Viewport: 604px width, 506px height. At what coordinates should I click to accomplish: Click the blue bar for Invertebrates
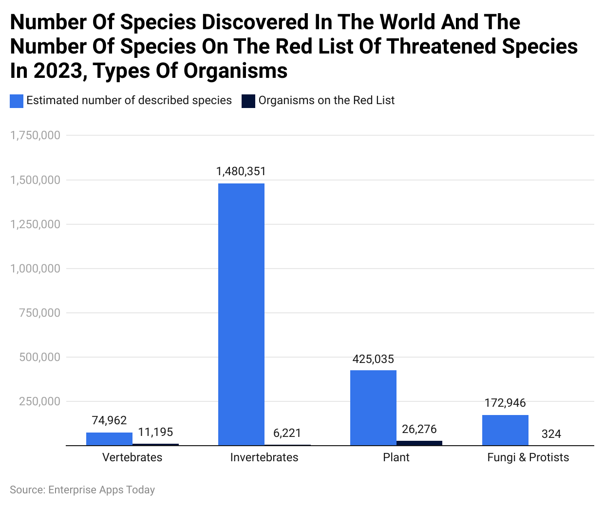(x=241, y=314)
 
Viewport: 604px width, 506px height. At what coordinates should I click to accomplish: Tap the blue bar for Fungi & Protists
(x=505, y=430)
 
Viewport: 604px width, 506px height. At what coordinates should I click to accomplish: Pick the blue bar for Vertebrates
(x=109, y=438)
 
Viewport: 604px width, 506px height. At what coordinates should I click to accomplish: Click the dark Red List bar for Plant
(x=419, y=443)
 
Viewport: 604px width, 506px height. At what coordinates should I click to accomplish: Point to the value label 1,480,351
(x=241, y=171)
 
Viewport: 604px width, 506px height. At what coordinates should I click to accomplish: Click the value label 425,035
(x=373, y=359)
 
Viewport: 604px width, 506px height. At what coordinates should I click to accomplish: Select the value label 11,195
(x=155, y=432)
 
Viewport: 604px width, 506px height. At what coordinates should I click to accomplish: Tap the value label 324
(x=551, y=434)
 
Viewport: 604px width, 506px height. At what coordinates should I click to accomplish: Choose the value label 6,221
(x=287, y=433)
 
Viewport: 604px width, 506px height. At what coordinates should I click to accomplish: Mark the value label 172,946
(x=505, y=403)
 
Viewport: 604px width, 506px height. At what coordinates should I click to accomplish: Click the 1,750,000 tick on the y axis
(x=36, y=135)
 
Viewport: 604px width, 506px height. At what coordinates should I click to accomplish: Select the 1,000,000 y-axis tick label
(x=36, y=269)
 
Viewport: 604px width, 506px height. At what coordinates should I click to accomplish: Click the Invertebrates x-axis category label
(x=264, y=457)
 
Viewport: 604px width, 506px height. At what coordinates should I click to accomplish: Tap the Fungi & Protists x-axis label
(x=528, y=457)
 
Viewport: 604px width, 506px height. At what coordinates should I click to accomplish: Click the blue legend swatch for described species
(x=17, y=101)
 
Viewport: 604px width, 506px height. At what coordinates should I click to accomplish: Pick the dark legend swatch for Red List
(x=248, y=101)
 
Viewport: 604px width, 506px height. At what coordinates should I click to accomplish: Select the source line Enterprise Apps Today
(x=82, y=490)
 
